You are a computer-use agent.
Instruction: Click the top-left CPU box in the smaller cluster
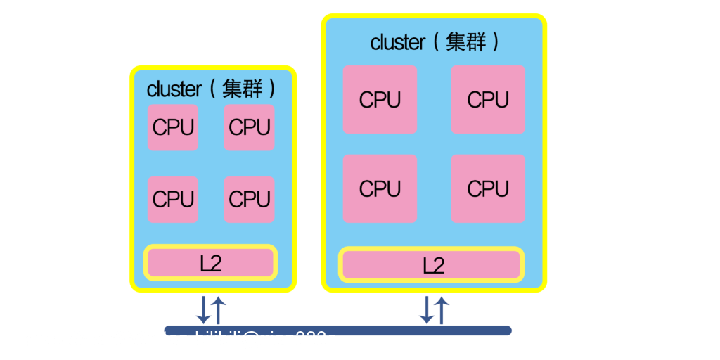coord(172,127)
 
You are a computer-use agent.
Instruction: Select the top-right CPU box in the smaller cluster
coord(249,127)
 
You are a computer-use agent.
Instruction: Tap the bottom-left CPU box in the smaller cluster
coord(172,199)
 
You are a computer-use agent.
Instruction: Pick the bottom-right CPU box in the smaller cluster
coord(249,199)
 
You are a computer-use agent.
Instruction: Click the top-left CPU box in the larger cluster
coord(380,99)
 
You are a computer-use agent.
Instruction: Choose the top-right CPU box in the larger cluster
coord(488,99)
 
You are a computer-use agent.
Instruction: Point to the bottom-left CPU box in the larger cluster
coord(380,188)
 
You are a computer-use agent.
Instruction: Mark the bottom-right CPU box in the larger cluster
coord(488,188)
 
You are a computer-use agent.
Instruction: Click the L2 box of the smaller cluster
coord(210,263)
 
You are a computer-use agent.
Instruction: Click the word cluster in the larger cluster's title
coord(398,42)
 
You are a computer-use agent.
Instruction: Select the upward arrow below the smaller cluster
coord(219,309)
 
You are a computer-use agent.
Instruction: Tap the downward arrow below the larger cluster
coord(426,309)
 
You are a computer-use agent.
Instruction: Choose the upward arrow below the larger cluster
coord(442,309)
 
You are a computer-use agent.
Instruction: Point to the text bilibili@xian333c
coord(266,340)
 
